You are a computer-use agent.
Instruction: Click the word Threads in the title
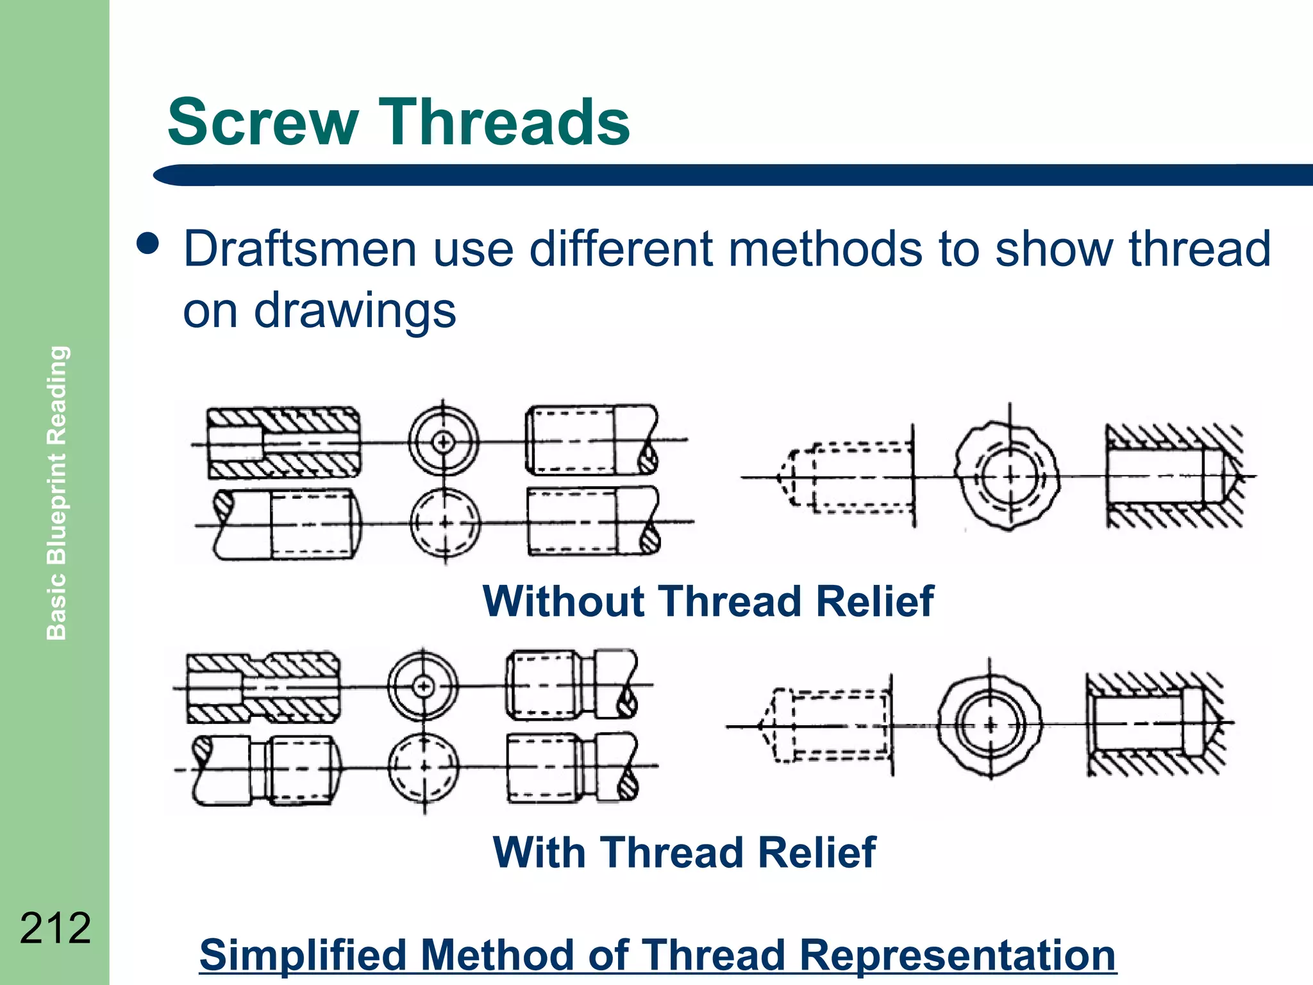click(x=506, y=122)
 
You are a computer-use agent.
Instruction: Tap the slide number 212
click(x=56, y=928)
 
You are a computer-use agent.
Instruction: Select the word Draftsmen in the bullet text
click(x=300, y=249)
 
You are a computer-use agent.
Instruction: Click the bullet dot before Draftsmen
click(x=148, y=244)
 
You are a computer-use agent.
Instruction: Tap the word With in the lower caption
click(x=540, y=853)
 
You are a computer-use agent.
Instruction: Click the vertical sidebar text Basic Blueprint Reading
click(x=57, y=492)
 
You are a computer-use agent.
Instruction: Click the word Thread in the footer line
click(x=714, y=955)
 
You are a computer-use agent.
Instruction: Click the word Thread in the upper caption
click(x=731, y=602)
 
